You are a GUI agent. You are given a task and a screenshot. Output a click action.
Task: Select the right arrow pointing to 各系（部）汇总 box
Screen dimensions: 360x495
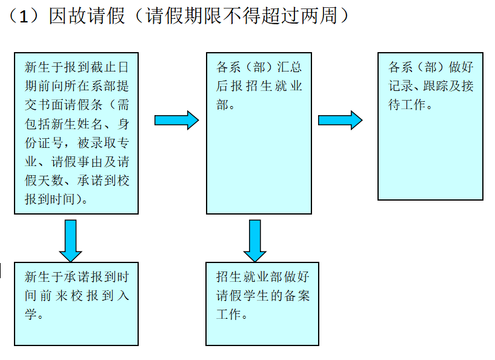point(176,120)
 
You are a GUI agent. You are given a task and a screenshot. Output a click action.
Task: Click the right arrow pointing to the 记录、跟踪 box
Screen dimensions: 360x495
point(340,120)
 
